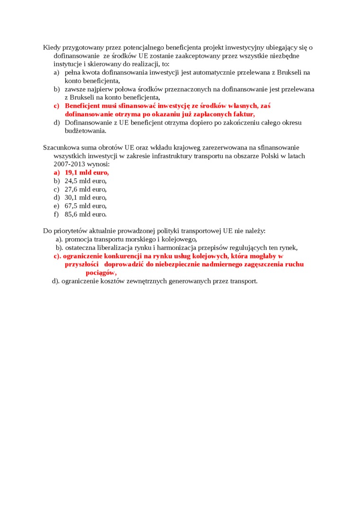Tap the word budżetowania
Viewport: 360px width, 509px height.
point(85,131)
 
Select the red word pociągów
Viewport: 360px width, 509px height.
point(100,273)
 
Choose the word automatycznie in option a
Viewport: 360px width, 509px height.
point(200,72)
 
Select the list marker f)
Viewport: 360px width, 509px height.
point(56,214)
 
